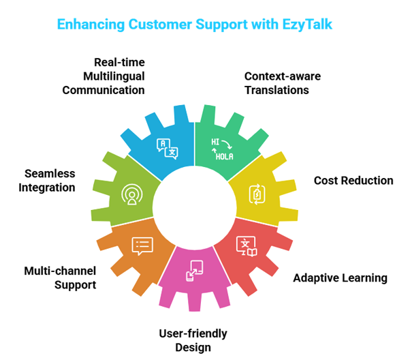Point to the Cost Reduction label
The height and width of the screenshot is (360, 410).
click(x=353, y=181)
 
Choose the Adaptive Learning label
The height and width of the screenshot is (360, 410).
click(x=340, y=277)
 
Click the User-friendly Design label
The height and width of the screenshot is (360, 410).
click(x=193, y=340)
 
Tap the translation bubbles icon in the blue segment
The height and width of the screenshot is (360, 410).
click(x=168, y=148)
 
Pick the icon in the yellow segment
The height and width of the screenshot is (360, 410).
click(x=257, y=194)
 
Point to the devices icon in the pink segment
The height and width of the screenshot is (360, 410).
click(x=195, y=270)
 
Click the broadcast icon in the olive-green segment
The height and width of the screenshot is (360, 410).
click(x=131, y=194)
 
